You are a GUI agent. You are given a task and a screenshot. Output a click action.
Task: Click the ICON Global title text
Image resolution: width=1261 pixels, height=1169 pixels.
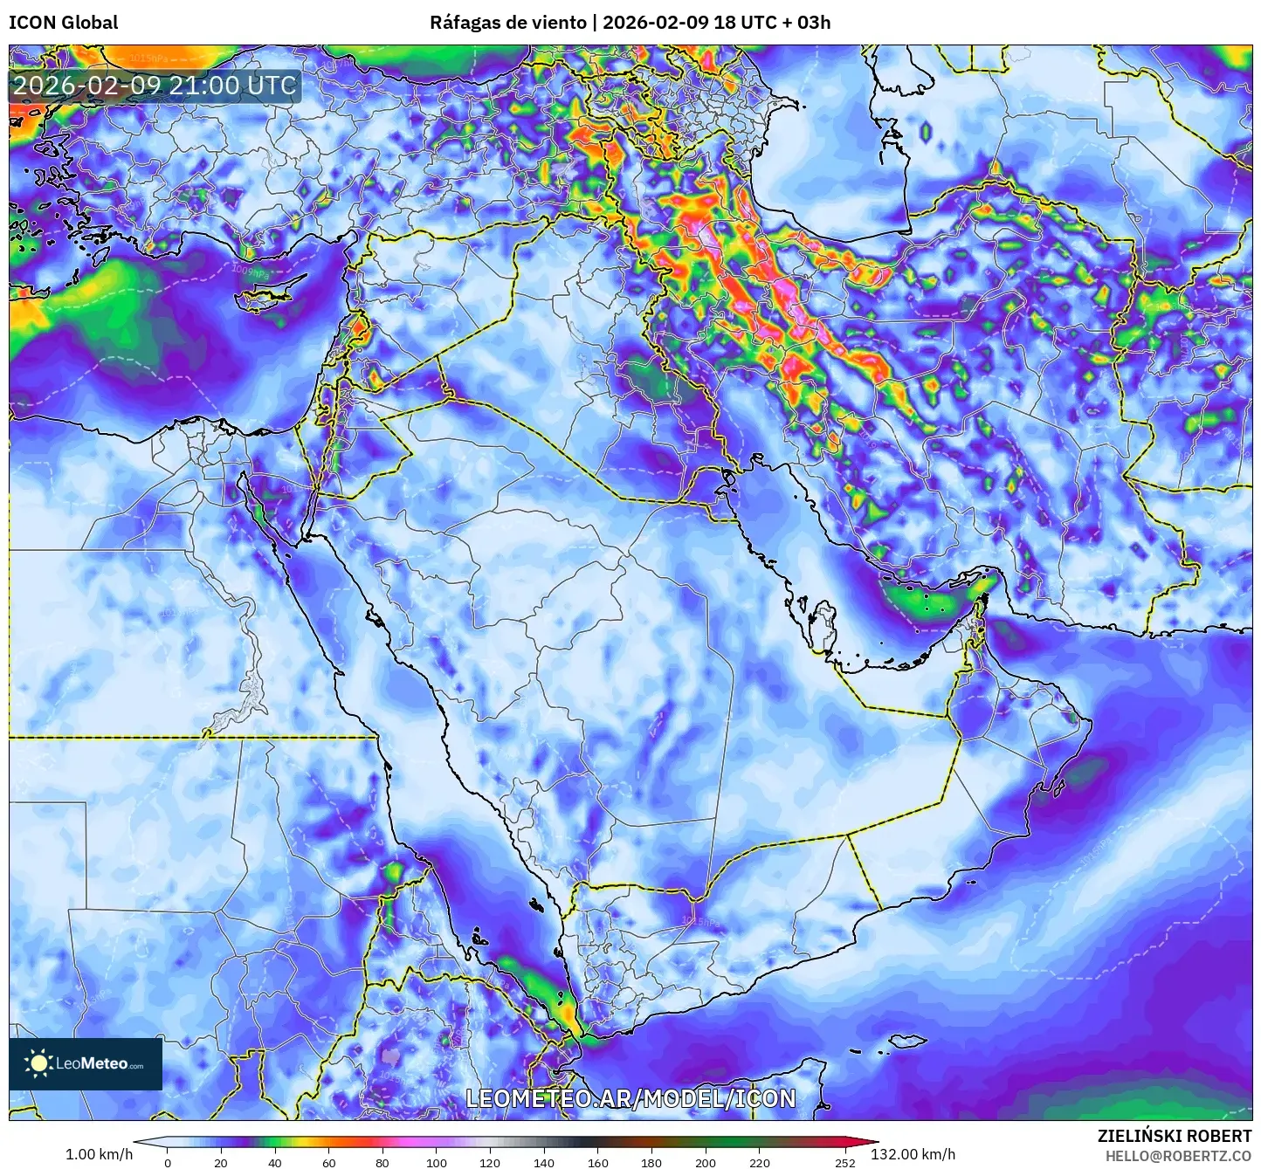pyautogui.click(x=63, y=23)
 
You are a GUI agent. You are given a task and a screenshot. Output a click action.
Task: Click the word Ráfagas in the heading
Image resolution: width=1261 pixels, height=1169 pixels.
pyautogui.click(x=464, y=23)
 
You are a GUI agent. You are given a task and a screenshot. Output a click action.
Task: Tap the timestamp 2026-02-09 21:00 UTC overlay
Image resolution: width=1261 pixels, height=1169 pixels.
pyautogui.click(x=155, y=86)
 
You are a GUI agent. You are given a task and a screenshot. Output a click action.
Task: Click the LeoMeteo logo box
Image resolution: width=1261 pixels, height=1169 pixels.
pyautogui.click(x=86, y=1063)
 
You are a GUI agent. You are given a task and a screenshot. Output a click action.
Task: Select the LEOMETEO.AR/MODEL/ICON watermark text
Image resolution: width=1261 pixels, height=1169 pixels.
pyautogui.click(x=630, y=1098)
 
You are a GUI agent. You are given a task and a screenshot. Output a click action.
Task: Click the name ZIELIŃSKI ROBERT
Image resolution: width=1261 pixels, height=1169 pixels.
pyautogui.click(x=1174, y=1136)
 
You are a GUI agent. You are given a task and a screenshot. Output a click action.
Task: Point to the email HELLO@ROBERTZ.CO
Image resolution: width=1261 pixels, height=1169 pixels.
pyautogui.click(x=1178, y=1156)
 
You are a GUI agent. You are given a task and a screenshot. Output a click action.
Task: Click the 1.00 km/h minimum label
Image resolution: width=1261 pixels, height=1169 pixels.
pyautogui.click(x=99, y=1154)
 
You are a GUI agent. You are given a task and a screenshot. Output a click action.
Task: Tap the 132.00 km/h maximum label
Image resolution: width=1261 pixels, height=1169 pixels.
pyautogui.click(x=913, y=1154)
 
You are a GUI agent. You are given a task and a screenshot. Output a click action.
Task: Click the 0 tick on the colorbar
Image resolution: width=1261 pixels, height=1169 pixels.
pyautogui.click(x=168, y=1162)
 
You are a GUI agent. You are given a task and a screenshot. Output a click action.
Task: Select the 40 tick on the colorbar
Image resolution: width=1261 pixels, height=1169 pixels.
pyautogui.click(x=275, y=1162)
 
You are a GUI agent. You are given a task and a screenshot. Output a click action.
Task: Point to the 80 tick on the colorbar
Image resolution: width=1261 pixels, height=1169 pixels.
pyautogui.click(x=382, y=1162)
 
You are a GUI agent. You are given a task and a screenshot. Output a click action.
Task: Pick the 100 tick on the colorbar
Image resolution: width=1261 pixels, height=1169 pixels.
pyautogui.click(x=437, y=1162)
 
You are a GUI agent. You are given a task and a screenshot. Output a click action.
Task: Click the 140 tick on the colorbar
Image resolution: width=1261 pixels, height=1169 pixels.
pyautogui.click(x=544, y=1162)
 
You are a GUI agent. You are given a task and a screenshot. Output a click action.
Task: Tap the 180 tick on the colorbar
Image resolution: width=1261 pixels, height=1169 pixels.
pyautogui.click(x=651, y=1162)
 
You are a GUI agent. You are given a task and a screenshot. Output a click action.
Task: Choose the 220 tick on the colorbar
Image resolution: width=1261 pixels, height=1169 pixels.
pyautogui.click(x=759, y=1162)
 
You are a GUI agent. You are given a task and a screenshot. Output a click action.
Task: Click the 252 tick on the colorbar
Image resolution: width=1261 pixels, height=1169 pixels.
pyautogui.click(x=844, y=1162)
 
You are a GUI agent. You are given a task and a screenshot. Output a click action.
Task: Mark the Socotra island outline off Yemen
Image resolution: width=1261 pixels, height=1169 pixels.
pyautogui.click(x=908, y=1042)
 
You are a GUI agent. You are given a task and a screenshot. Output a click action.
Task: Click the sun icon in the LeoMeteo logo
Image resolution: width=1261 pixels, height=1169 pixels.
pyautogui.click(x=39, y=1063)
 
